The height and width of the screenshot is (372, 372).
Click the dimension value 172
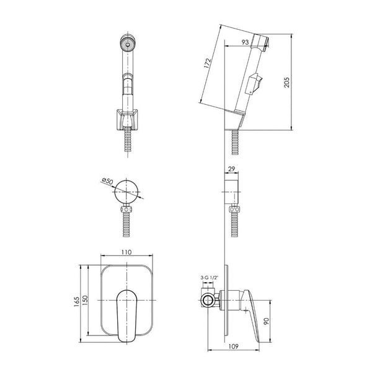[207, 63]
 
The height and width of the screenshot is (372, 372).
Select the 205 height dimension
[287, 82]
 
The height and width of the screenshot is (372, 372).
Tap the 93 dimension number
[245, 42]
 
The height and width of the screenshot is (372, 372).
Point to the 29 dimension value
[231, 169]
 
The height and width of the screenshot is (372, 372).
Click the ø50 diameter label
[107, 181]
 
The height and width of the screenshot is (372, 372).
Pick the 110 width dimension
[126, 252]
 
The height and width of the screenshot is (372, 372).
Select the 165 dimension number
[77, 301]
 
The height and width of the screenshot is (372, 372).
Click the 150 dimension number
[85, 300]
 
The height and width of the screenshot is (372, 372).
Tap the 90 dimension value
[266, 321]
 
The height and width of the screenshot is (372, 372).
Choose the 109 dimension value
[234, 347]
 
